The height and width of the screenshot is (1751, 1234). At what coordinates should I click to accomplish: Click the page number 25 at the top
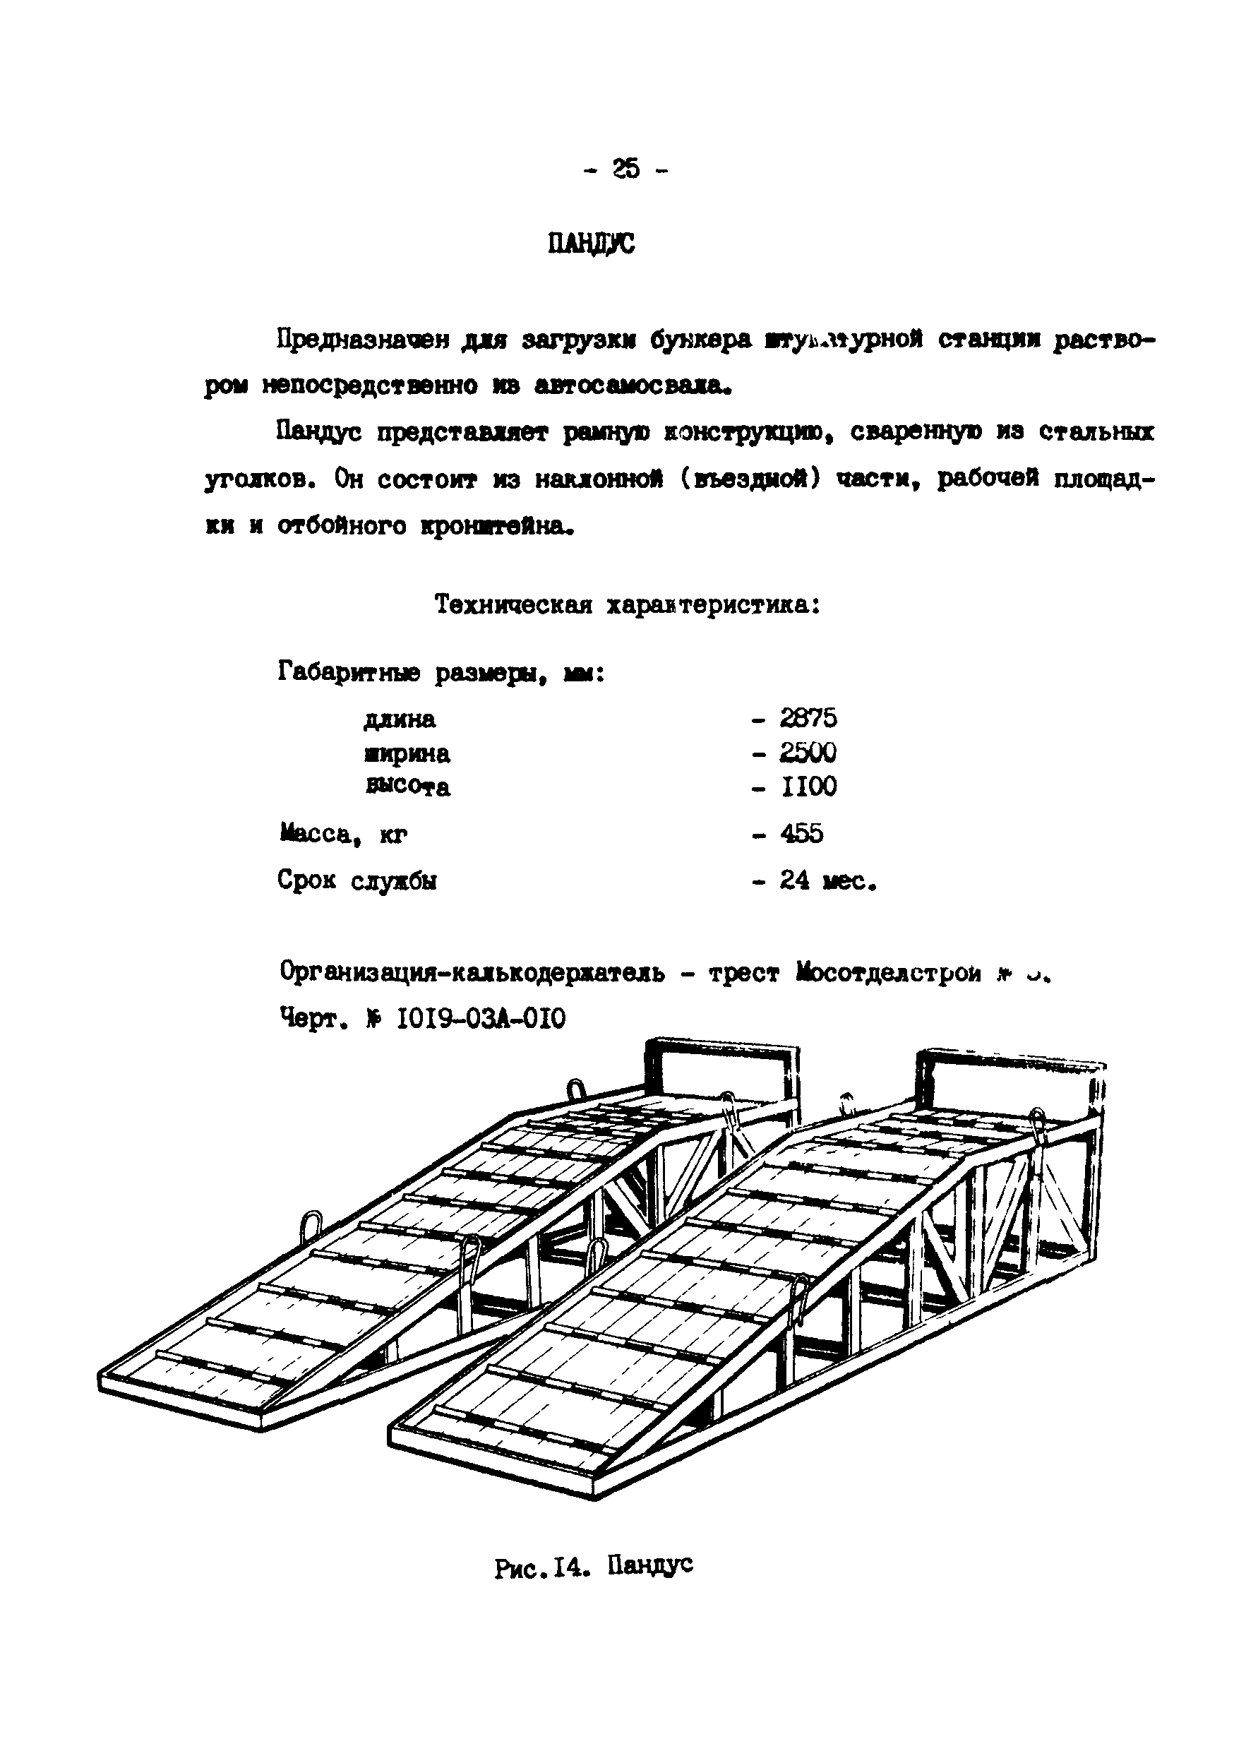(625, 169)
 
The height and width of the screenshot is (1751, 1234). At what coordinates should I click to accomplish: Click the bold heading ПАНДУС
(591, 244)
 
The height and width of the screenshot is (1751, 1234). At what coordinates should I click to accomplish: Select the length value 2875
(808, 717)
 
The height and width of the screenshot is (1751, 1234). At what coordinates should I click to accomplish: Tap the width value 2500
(808, 753)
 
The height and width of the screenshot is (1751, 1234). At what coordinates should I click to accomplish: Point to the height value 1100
(808, 787)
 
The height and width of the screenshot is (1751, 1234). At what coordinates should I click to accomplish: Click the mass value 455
(801, 834)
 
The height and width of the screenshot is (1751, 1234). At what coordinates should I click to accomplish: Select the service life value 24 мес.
(827, 882)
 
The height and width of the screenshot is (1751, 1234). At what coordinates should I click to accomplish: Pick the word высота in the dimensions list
(408, 787)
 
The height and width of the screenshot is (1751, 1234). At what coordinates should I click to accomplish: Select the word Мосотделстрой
(889, 973)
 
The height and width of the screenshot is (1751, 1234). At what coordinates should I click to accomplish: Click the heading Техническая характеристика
(627, 606)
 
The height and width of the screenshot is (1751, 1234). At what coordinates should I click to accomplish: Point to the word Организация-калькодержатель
(472, 973)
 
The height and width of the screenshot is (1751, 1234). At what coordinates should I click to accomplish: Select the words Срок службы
(357, 882)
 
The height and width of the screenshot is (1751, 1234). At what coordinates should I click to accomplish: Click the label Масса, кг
(343, 835)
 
